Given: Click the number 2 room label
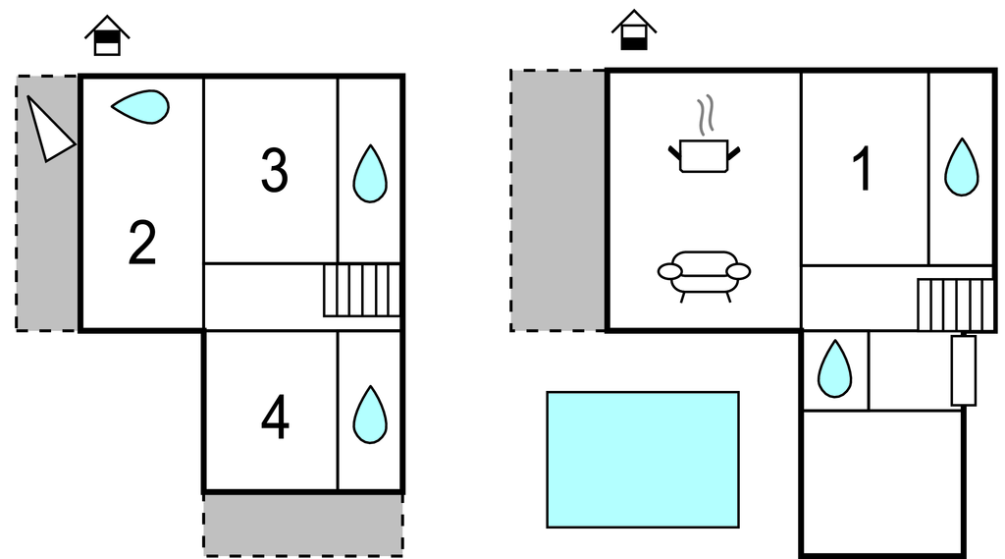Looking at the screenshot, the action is tap(142, 243).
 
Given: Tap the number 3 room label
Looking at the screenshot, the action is tap(275, 170).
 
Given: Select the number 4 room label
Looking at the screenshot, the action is tap(275, 418).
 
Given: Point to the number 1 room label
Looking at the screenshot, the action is tap(863, 168).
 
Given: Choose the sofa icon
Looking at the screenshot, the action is tap(704, 276).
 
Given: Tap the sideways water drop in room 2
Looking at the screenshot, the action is tap(140, 106).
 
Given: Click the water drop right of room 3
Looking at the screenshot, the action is tap(370, 174).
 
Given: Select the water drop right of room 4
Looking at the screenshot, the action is tap(370, 415).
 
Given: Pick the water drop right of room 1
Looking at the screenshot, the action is tap(962, 167).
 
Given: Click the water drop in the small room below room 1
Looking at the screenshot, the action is tap(834, 369).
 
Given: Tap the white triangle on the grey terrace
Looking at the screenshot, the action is tap(49, 130).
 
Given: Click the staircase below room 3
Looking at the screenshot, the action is tap(361, 290).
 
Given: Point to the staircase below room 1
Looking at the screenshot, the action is tap(956, 305).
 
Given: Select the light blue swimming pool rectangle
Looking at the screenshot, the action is tap(643, 460).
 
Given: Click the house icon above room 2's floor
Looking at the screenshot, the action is tap(107, 35).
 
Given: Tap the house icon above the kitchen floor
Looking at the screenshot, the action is tap(634, 29).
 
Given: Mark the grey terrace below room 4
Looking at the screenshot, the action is tap(303, 525).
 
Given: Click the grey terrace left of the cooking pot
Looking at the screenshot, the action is tap(558, 200).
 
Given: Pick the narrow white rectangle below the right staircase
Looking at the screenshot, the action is tap(964, 370).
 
